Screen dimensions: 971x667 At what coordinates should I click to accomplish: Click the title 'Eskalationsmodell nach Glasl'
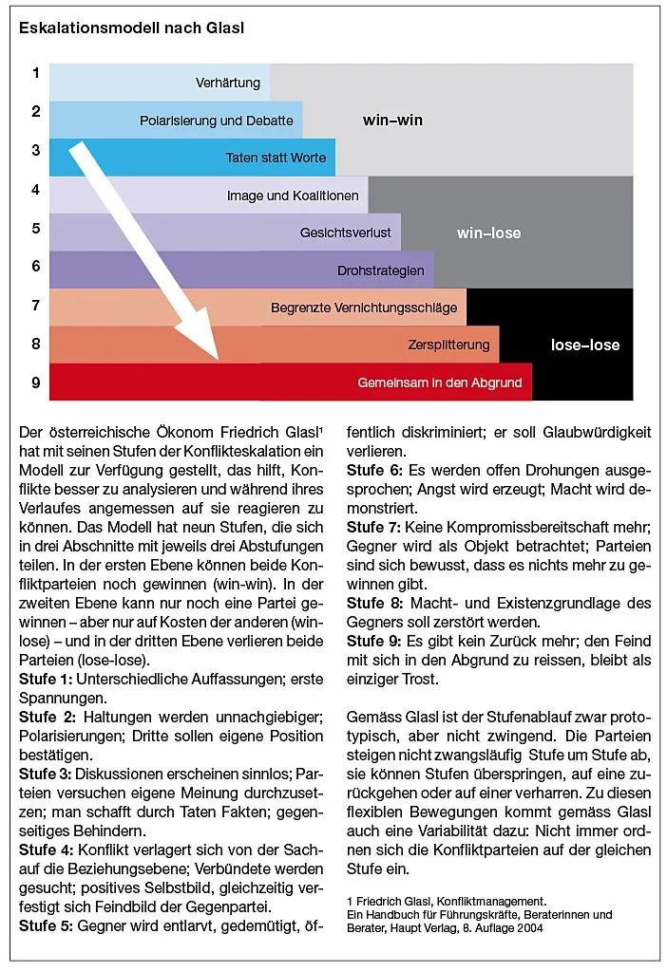pos(131,28)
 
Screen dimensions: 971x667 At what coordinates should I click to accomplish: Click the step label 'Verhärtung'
pos(228,83)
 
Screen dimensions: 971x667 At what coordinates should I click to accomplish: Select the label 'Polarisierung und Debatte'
pos(218,121)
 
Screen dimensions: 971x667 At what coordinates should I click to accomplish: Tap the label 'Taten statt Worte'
pos(276,158)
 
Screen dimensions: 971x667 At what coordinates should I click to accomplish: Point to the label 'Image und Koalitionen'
pos(293,196)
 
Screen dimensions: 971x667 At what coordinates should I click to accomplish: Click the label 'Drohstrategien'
pos(380,271)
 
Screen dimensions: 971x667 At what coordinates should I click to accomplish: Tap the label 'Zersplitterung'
pos(448,344)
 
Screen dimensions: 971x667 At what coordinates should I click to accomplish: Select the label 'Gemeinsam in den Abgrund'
pos(440,382)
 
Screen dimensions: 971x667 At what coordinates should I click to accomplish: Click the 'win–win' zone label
pos(392,121)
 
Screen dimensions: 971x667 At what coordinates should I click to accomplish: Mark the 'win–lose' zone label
pos(488,233)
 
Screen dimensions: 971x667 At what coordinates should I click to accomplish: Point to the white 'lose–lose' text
pos(585,345)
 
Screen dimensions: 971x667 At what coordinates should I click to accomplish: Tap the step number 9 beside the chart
pos(35,383)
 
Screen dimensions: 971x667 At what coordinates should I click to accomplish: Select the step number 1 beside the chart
pos(35,73)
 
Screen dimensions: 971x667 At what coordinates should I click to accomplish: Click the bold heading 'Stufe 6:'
pos(373,471)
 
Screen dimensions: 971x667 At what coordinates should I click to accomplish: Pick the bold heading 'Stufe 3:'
pos(45,774)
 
